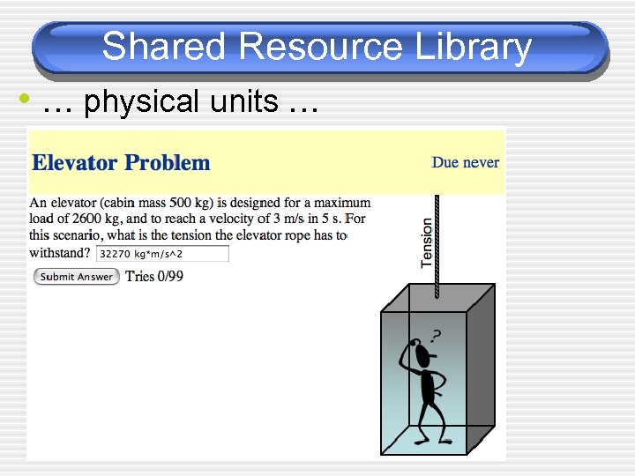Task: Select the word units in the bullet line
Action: coord(243,102)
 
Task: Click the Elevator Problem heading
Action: coord(121,163)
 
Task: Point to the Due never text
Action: coord(465,162)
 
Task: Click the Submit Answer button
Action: coord(77,277)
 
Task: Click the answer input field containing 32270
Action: coord(162,254)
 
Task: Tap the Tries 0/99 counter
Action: coord(154,276)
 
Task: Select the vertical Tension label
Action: coord(428,243)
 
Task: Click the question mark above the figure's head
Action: coord(436,336)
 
